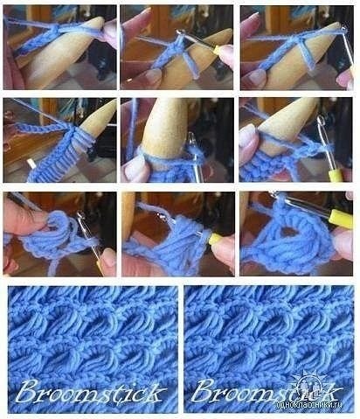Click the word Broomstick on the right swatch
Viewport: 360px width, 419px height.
pyautogui.click(x=267, y=391)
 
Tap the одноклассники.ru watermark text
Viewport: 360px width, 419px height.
pyautogui.click(x=309, y=405)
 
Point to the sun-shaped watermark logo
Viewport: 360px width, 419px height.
pyautogui.click(x=308, y=385)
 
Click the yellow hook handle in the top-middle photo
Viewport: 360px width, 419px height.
pyautogui.click(x=221, y=52)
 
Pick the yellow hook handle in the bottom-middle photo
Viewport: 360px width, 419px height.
pyautogui.click(x=215, y=240)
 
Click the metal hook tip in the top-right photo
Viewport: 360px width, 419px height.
pyautogui.click(x=344, y=29)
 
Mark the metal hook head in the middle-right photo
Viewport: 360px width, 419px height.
pyautogui.click(x=321, y=120)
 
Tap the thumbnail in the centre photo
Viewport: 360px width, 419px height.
pyautogui.click(x=132, y=167)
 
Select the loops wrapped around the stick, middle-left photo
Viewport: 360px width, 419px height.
pyautogui.click(x=82, y=137)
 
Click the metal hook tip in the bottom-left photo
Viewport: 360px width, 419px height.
pyautogui.click(x=80, y=216)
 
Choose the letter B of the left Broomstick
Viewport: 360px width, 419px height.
pyautogui.click(x=25, y=391)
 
